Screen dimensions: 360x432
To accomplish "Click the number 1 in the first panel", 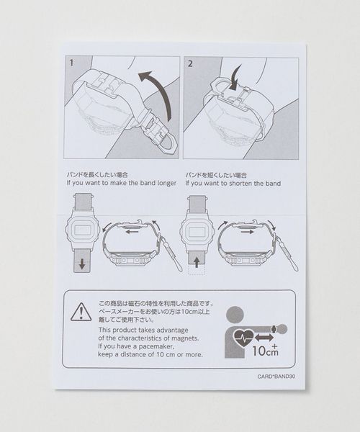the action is pos(71,63).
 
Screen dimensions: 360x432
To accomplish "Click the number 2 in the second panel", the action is pos(190,63).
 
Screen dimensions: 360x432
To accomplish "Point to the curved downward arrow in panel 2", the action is pos(235,78).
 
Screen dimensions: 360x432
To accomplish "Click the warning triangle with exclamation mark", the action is pos(81,312).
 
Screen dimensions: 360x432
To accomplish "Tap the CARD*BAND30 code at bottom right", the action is pos(276,377).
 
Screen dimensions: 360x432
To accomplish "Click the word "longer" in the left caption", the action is pos(166,183).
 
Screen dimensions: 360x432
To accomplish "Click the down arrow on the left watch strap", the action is pos(82,264).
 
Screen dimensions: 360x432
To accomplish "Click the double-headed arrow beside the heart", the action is pos(264,338).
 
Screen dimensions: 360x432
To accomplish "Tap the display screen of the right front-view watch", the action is pos(197,229).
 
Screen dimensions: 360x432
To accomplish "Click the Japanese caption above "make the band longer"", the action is pos(97,175).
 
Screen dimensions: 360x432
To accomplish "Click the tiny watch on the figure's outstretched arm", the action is pos(274,329).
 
